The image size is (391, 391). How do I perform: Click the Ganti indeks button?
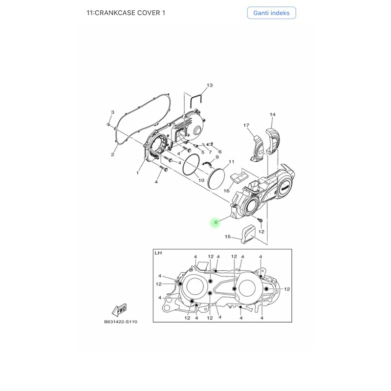pyautogui.click(x=271, y=13)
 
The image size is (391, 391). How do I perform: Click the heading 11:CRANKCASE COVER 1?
pyautogui.click(x=126, y=13)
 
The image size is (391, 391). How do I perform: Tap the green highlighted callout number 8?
pyautogui.click(x=216, y=223)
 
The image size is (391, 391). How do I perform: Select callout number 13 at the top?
pyautogui.click(x=210, y=86)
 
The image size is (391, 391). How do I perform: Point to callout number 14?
pyautogui.click(x=272, y=115)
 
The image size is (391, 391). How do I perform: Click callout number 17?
pyautogui.click(x=246, y=126)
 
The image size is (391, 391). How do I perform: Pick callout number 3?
pyautogui.click(x=112, y=112)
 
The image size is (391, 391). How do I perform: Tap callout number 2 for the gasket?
pyautogui.click(x=112, y=155)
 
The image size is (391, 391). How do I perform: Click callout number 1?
pyautogui.click(x=138, y=173)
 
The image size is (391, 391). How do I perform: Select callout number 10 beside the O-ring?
pyautogui.click(x=201, y=180)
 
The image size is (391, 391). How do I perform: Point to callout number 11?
pyautogui.click(x=232, y=162)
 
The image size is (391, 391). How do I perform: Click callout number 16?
pyautogui.click(x=227, y=191)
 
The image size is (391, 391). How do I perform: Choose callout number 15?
pyautogui.click(x=227, y=237)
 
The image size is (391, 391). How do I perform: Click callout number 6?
pyautogui.click(x=219, y=152)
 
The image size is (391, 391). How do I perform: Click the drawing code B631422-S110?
pyautogui.click(x=120, y=322)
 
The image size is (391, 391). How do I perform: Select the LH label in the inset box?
pyautogui.click(x=158, y=253)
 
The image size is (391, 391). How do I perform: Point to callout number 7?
pyautogui.click(x=211, y=152)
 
